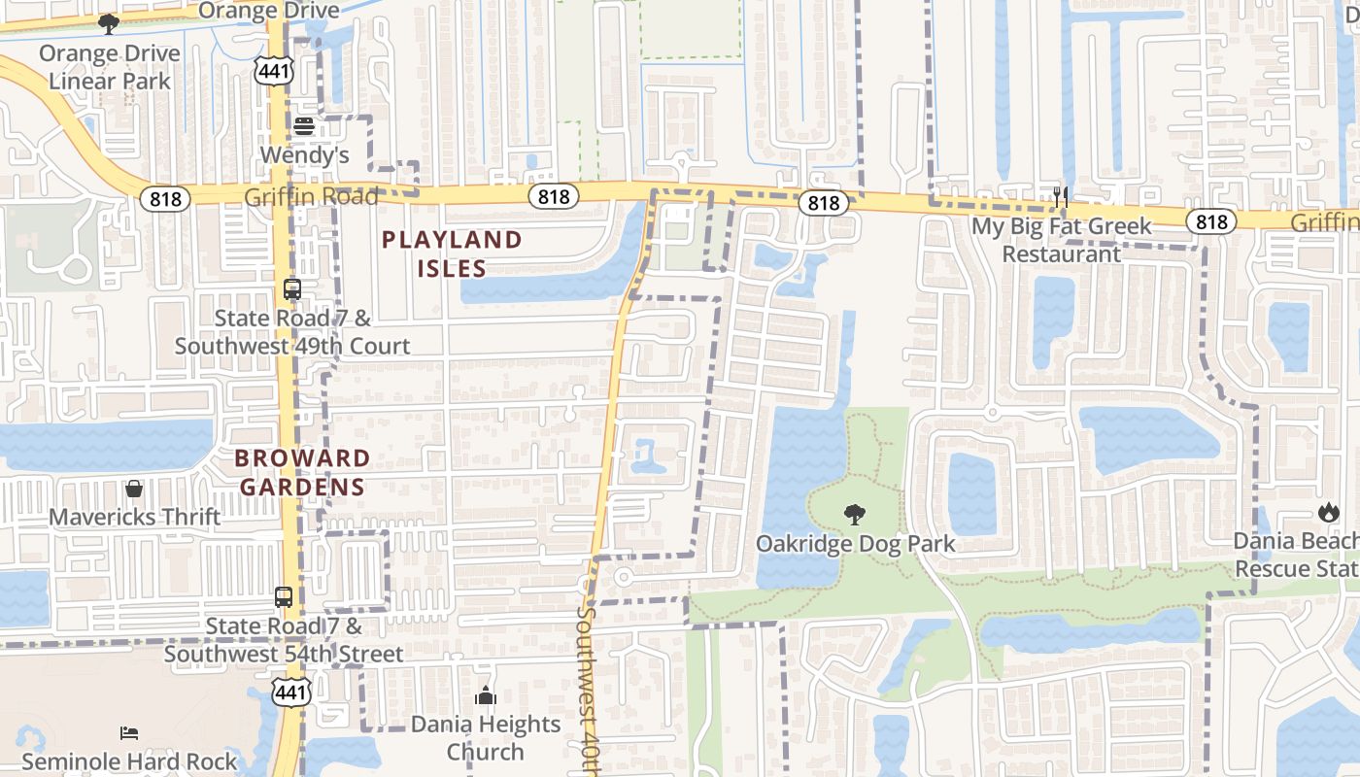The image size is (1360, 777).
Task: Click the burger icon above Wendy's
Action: point(303,126)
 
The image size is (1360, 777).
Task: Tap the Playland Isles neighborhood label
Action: point(452,253)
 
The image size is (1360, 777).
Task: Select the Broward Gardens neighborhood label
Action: point(303,472)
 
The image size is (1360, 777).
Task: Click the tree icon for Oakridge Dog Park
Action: point(855,515)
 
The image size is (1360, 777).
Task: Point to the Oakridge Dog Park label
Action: point(856,544)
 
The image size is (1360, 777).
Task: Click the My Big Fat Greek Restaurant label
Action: point(1062,240)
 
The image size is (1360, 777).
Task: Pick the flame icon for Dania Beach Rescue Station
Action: point(1328,512)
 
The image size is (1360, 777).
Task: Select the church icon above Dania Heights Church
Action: point(486,695)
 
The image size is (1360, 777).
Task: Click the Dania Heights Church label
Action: point(486,738)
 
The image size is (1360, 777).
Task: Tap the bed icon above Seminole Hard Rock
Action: point(129,732)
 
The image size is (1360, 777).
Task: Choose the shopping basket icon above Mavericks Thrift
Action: point(134,488)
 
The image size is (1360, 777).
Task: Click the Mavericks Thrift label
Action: point(134,517)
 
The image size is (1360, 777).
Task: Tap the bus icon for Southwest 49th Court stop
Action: point(291,289)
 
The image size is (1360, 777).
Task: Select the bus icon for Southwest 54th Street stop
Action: point(284,597)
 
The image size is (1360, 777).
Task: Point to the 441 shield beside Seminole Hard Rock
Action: point(291,693)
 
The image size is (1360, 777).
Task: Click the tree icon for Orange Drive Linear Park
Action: point(109,23)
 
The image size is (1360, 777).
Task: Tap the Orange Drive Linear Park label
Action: point(109,67)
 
